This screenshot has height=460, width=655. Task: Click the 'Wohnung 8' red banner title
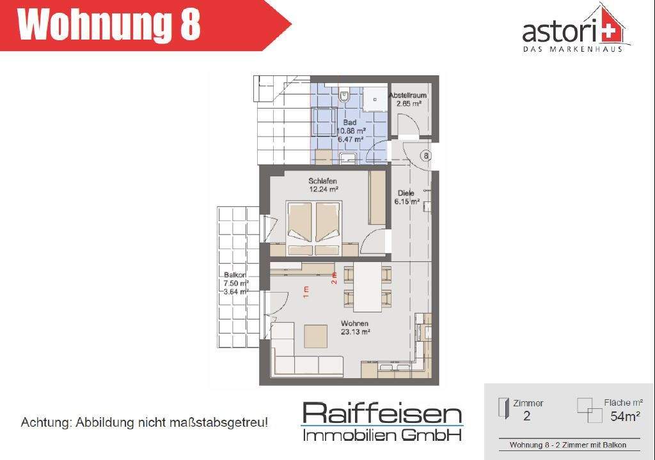109,25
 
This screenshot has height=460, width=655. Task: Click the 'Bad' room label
349,122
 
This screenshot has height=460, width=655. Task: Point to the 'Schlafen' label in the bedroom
322,181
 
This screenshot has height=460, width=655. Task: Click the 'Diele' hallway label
406,193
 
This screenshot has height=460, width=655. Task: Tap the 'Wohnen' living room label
354,323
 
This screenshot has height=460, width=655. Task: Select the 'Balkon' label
231,275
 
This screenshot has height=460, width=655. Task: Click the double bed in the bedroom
314,227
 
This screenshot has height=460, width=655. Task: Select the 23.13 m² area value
356,332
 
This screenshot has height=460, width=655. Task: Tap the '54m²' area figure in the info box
626,417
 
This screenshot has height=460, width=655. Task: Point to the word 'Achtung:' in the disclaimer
46,423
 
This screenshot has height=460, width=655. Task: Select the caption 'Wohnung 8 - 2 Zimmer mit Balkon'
567,445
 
